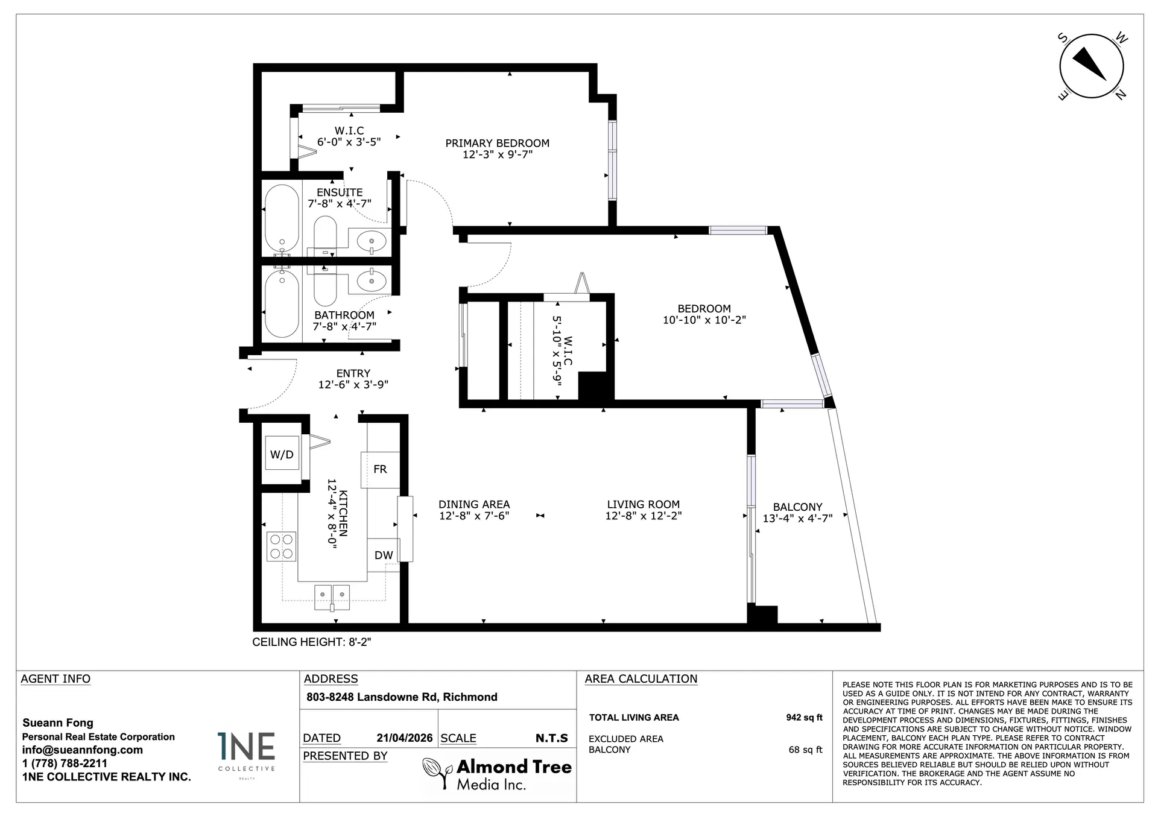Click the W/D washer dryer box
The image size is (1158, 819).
pos(282,454)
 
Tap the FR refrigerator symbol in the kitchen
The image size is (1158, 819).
pos(380,469)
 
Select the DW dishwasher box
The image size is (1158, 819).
pos(383,555)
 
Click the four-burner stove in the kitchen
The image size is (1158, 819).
pos(281,546)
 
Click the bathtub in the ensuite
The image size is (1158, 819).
pos(282,218)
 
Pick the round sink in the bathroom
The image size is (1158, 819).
pos(371,280)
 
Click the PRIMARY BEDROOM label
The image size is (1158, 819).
pos(497,143)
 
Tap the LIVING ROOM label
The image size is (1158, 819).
pos(643,504)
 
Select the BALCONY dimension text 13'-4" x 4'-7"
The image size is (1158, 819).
pos(797,519)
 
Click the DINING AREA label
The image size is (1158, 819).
pos(474,504)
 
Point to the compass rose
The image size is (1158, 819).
pos(1092,66)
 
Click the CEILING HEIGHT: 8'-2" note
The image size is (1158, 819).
pos(311,642)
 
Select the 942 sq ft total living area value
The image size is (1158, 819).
pos(804,718)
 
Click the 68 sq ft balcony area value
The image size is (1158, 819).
pos(805,750)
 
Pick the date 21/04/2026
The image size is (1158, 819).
pos(405,738)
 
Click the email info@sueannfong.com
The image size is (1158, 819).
pos(83,750)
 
